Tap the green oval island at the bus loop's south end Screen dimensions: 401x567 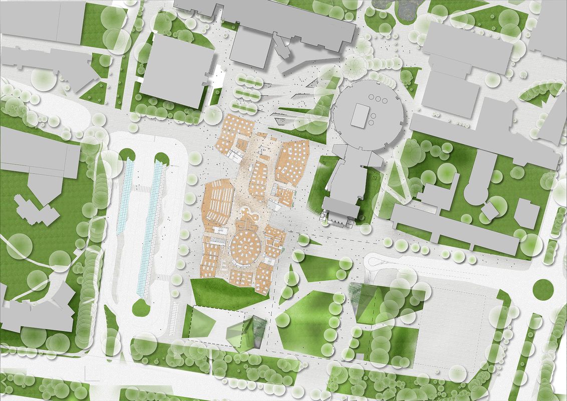click(141, 307)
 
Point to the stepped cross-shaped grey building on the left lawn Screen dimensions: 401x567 click(35, 211)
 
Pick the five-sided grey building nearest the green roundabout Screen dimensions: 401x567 click(527, 214)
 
